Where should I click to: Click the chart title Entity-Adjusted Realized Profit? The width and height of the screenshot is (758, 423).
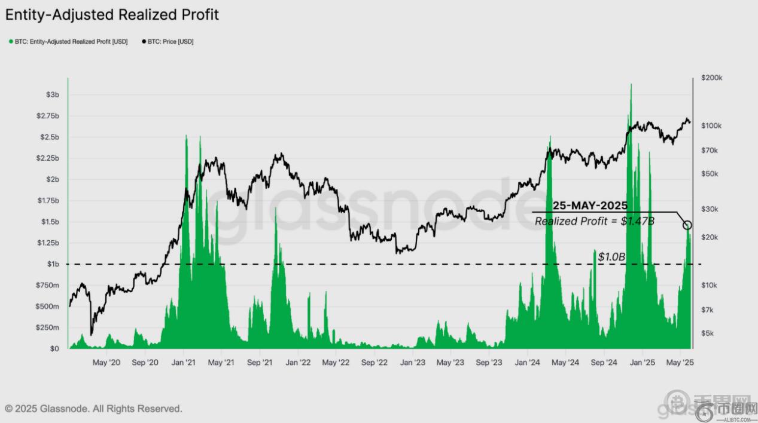[x=112, y=15]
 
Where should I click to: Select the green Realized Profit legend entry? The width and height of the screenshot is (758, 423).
[x=68, y=42]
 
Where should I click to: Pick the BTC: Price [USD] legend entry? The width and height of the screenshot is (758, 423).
[x=168, y=42]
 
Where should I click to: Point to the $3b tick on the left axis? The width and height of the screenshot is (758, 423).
[x=53, y=95]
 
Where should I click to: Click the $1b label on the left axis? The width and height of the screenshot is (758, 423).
[x=53, y=264]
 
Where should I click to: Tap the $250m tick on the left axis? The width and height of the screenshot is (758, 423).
[x=48, y=328]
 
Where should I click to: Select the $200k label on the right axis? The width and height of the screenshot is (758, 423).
[x=713, y=78]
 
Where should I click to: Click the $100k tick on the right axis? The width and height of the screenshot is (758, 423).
[x=713, y=126]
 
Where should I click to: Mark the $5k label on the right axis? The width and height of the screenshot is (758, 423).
[x=709, y=333]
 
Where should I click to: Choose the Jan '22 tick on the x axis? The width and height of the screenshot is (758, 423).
[x=297, y=362]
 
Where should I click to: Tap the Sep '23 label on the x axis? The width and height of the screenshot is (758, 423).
[x=489, y=362]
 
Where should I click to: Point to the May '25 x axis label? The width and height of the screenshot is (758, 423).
[x=680, y=362]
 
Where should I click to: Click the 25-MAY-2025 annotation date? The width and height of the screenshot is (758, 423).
[x=590, y=206]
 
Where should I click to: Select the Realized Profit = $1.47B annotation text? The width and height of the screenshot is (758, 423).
[x=594, y=222]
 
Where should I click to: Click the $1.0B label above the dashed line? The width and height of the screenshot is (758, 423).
[x=611, y=257]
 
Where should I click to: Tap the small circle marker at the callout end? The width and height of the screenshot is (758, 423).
[x=687, y=225]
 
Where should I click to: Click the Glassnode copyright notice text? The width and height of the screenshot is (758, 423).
[x=93, y=409]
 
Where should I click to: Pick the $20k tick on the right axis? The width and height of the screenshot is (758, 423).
[x=710, y=238]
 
